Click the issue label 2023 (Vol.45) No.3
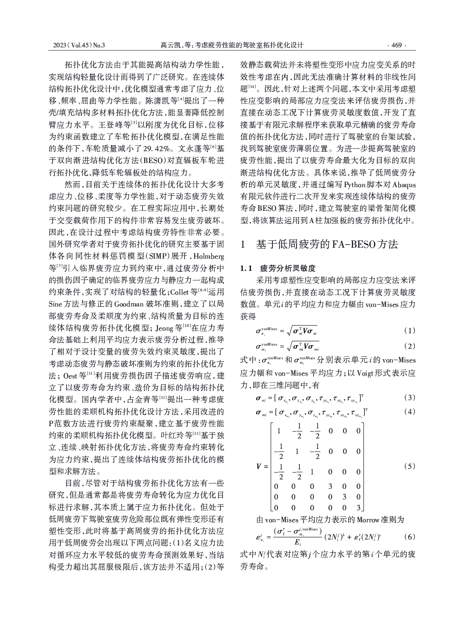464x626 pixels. [79, 45]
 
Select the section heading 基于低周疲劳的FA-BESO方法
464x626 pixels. [327, 244]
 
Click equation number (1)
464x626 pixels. [409, 331]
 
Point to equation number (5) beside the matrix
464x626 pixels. [409, 466]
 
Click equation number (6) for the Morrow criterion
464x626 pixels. [409, 537]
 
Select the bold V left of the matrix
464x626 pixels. [259, 467]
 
